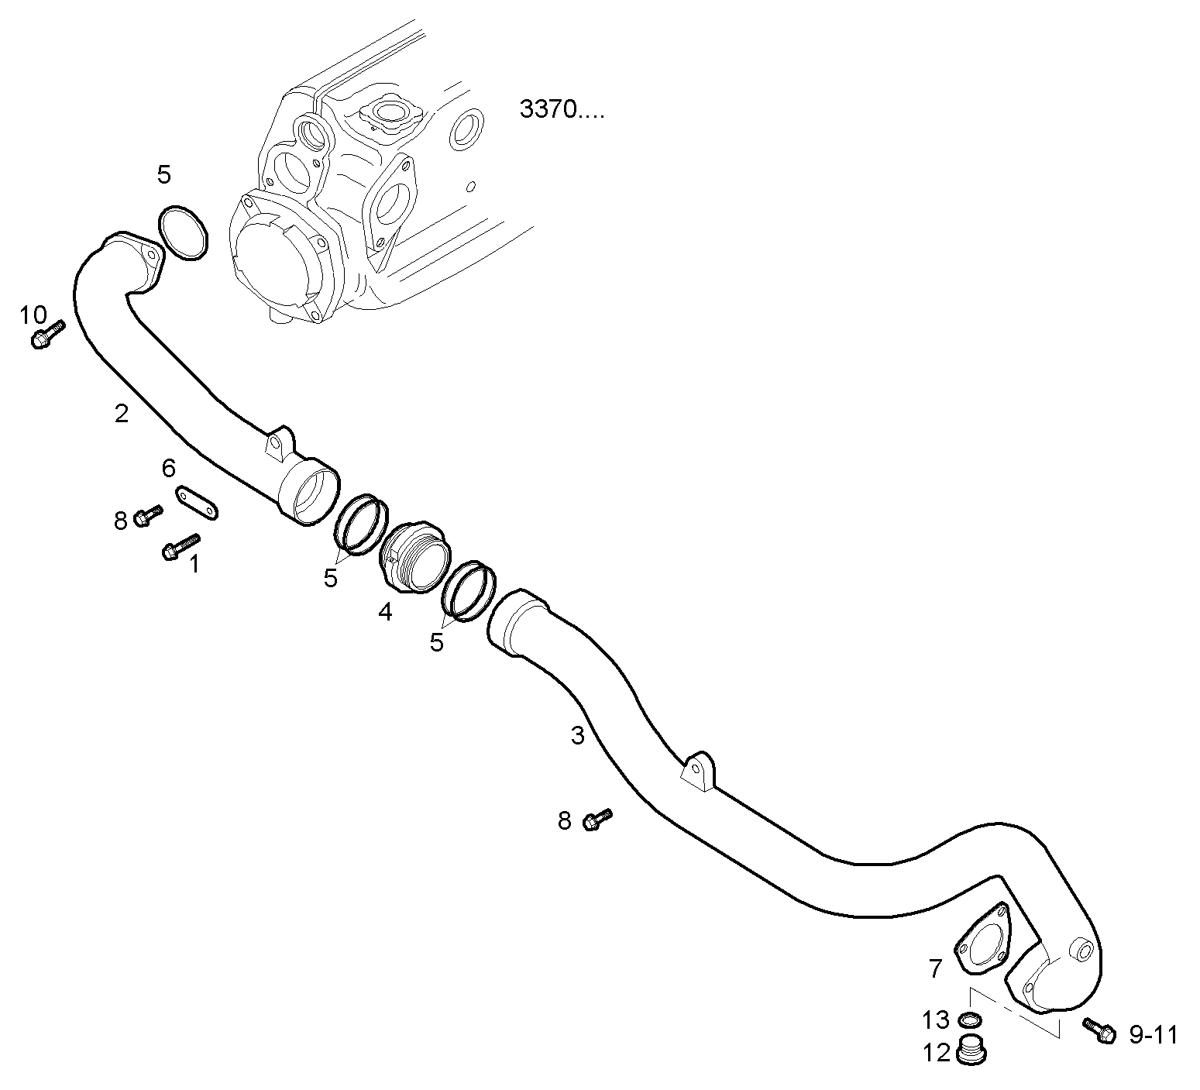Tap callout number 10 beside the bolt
tap(33, 315)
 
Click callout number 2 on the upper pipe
tap(121, 414)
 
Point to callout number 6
tap(169, 468)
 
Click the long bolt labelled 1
tap(181, 545)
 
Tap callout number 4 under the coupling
tap(385, 612)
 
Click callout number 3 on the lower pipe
tap(577, 736)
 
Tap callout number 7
tap(936, 968)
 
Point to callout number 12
tap(936, 1053)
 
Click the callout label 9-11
tap(1153, 1035)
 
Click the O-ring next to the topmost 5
tap(184, 232)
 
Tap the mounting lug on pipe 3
tap(699, 770)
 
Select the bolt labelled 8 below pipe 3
tap(597, 819)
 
